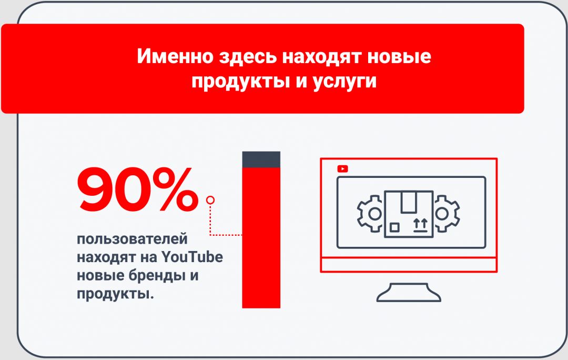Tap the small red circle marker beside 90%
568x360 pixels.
211,200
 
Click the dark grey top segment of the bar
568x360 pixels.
261,160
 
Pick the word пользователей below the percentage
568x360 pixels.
132,239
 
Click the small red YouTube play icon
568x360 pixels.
343,169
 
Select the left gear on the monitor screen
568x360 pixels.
371,213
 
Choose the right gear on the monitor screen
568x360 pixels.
446,213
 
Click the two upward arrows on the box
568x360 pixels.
420,225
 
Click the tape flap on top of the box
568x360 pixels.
409,201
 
